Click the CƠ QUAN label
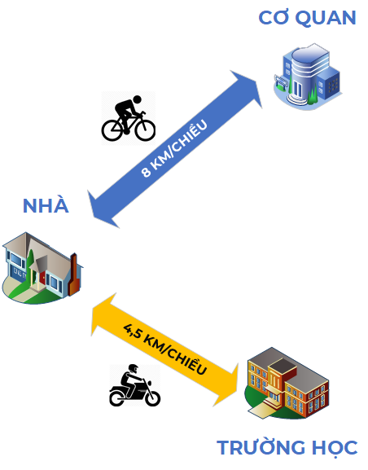[307, 18]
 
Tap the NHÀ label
[46, 205]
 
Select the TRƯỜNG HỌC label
[287, 447]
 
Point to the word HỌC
[333, 447]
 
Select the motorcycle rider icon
[134, 385]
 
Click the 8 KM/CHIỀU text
[173, 149]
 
